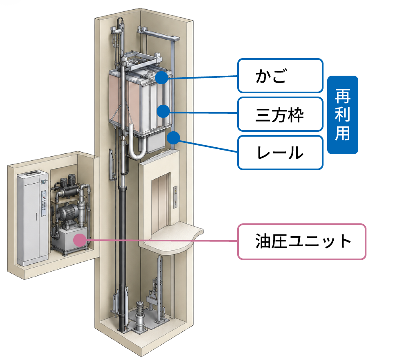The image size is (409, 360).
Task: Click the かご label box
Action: tap(281, 76)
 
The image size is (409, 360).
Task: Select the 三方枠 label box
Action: tap(281, 114)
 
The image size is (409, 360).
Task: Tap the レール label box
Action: tap(281, 153)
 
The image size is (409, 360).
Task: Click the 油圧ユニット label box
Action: tap(302, 241)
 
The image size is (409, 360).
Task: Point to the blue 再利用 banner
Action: tap(342, 115)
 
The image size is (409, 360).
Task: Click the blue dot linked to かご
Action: tap(162, 77)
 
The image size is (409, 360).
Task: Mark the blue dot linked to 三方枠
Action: tap(164, 111)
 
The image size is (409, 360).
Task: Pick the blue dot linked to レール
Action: tap(173, 138)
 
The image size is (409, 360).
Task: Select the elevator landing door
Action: tap(160, 203)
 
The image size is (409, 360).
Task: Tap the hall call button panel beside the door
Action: tap(175, 197)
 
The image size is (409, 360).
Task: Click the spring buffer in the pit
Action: tap(140, 316)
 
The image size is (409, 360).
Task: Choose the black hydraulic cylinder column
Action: tap(122, 258)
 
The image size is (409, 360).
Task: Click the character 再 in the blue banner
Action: tap(342, 96)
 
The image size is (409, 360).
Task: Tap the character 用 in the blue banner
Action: tap(342, 133)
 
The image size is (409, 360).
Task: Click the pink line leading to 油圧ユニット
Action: tap(162, 240)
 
